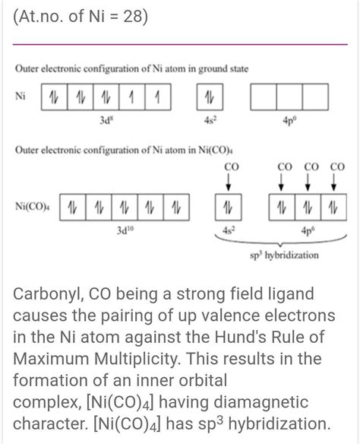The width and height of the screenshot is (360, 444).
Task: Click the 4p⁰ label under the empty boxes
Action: point(289,119)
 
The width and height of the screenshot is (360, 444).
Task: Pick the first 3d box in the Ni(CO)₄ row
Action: point(71,207)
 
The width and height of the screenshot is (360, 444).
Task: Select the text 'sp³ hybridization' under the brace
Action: point(283,256)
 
